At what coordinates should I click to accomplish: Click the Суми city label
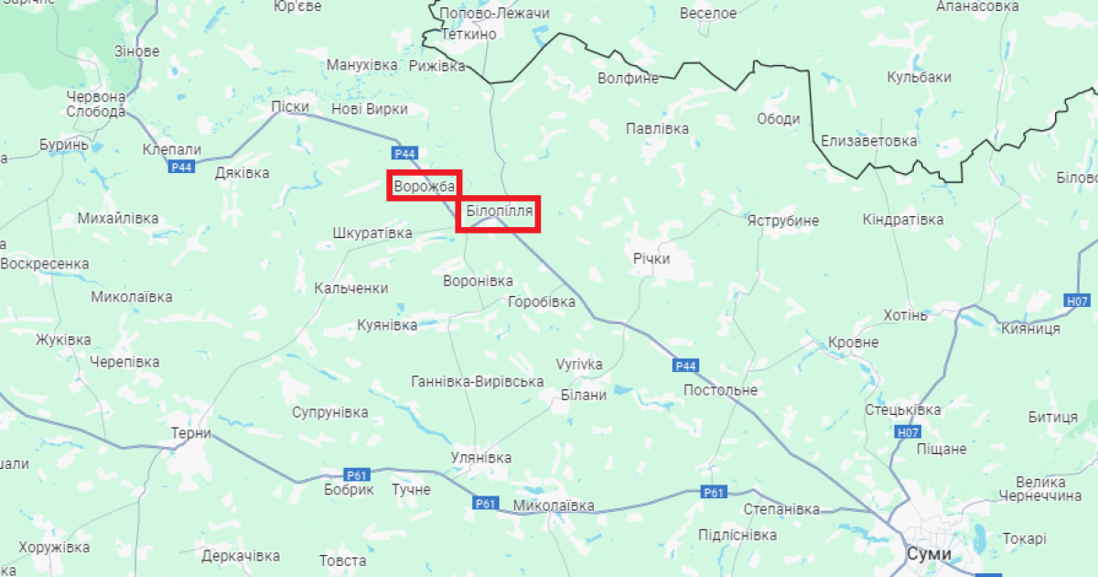pos(929,554)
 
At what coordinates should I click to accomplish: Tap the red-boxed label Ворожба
pos(424,187)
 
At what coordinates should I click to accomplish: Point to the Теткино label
pos(468,34)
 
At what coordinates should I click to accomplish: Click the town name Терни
pos(191,433)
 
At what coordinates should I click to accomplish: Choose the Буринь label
pos(64,145)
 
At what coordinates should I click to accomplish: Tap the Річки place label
pos(651,258)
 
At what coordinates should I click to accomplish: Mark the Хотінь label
pos(906,315)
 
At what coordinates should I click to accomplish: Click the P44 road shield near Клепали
pos(182,167)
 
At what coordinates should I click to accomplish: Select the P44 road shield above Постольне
pos(686,365)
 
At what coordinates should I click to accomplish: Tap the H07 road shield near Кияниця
pos(1078,300)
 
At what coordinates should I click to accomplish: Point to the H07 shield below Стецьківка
pos(908,432)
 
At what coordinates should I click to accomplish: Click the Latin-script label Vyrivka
pos(579,365)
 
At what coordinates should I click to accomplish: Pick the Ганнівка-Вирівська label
pos(478,382)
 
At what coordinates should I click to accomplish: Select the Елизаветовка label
pos(868,141)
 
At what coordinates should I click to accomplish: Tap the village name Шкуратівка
pos(372,233)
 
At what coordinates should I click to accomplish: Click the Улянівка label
pos(481,457)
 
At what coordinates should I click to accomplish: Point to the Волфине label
pos(628,78)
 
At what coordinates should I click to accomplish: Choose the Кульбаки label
pos(919,78)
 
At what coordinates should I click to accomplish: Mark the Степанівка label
pos(781,508)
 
